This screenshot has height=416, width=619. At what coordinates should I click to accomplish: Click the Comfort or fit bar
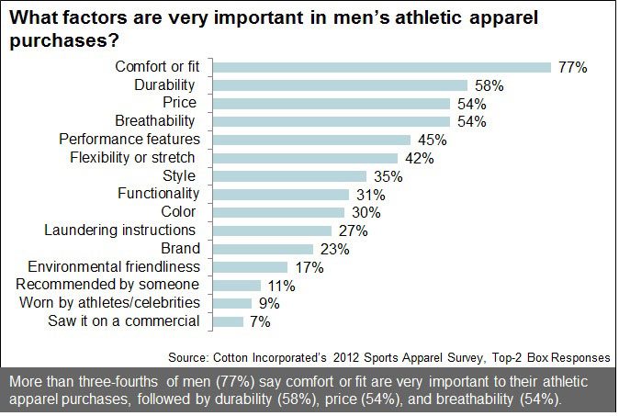[x=381, y=67]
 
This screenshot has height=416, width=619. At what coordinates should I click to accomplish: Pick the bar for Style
[x=288, y=176]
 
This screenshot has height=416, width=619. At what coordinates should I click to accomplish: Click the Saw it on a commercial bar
[x=228, y=321]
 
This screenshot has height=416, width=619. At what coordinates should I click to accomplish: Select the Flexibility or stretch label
[x=133, y=157]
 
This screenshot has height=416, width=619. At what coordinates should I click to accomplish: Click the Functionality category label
[x=158, y=194]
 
